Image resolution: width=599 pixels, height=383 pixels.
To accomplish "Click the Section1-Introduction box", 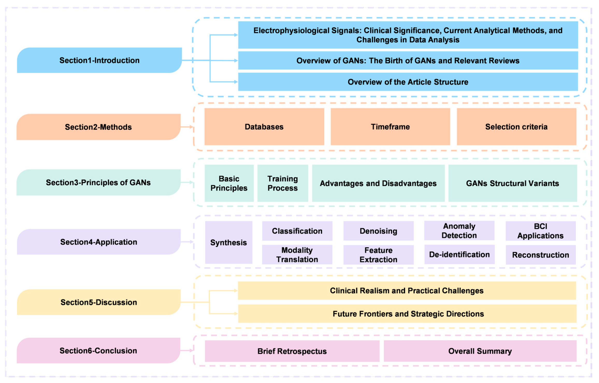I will point(99,60).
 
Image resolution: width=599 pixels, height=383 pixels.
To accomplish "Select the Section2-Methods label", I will point(98,127).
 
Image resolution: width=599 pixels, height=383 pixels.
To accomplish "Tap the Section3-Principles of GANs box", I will point(98,183).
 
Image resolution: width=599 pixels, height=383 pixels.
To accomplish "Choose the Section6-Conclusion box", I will point(98,351).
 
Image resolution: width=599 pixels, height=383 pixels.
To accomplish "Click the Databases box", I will point(264,127).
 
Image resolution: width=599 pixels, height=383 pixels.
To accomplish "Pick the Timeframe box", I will point(390,127).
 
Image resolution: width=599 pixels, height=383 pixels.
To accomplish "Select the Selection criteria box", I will point(516,127).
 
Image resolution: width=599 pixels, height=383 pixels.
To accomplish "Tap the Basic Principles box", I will point(229,183).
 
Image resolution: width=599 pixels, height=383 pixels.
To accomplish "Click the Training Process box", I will point(283,183).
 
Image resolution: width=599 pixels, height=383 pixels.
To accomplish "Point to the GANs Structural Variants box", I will point(513,183).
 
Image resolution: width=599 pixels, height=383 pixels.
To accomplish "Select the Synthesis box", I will point(229,243).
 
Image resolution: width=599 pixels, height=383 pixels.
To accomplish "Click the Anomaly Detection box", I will point(459,231).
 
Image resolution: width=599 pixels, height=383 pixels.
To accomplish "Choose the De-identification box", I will point(459,254).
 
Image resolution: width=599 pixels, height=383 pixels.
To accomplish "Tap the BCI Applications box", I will point(540,231).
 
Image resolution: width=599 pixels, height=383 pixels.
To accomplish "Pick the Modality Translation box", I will point(297,255).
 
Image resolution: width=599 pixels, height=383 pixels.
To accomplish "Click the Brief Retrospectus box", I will point(292,351).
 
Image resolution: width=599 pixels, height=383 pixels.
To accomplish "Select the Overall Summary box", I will point(480,351).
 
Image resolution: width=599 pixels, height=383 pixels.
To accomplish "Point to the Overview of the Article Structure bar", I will point(408,82).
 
